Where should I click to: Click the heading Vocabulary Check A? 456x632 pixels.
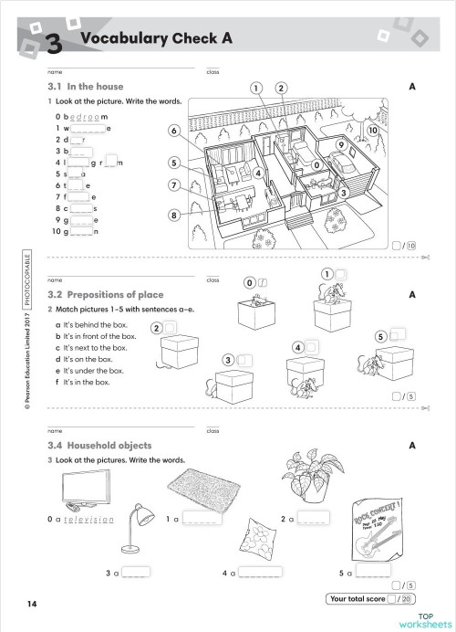tap(157, 37)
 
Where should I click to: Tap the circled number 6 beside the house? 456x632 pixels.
tap(172, 132)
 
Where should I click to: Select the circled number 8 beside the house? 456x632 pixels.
tap(172, 216)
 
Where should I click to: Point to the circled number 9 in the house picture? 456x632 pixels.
tap(340, 144)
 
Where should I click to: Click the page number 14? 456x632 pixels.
tap(32, 604)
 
